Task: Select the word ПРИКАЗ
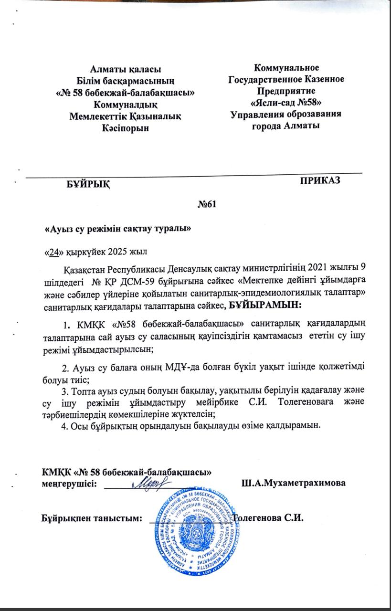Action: click(320, 181)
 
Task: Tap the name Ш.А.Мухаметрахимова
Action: click(294, 482)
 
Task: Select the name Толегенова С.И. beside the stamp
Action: click(270, 518)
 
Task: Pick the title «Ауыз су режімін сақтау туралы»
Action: click(117, 229)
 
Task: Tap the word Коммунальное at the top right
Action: click(286, 68)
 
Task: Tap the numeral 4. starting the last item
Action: click(65, 426)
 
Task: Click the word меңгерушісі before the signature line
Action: click(70, 483)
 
